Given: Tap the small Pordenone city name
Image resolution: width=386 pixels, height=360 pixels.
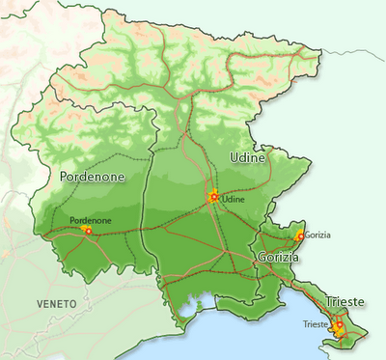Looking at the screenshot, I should (91, 220).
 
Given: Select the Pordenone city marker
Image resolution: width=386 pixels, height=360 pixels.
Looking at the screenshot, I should (89, 231).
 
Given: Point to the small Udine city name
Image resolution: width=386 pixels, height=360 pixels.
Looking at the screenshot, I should (234, 199).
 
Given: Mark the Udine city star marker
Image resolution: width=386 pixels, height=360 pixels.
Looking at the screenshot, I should (213, 198).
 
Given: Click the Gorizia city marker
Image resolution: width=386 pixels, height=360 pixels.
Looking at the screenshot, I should (300, 235).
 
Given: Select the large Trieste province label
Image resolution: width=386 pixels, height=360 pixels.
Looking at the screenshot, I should (345, 300).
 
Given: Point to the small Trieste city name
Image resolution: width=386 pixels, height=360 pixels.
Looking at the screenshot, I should (316, 323).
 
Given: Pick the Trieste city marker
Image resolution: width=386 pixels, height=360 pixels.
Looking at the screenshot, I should (339, 326).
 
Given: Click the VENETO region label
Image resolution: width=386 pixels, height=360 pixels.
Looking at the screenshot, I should (56, 303).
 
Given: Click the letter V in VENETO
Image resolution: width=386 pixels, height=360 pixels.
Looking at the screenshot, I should (40, 303).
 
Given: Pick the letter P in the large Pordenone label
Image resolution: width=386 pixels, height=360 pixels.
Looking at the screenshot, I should (64, 178).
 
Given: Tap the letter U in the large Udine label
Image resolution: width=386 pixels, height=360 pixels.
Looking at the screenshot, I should (234, 156).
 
